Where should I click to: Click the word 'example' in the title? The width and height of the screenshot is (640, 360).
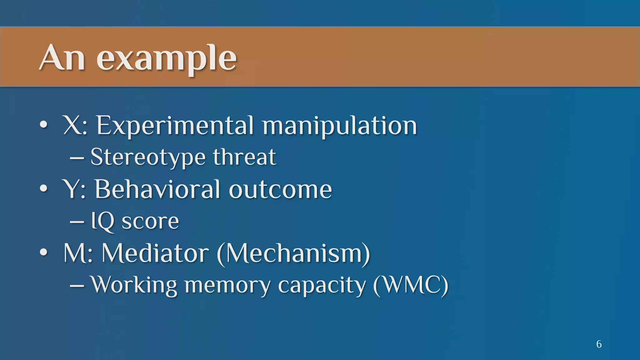click(166, 59)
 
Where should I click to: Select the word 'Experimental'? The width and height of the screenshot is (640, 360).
click(175, 126)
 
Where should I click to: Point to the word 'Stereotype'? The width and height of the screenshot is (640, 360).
click(148, 157)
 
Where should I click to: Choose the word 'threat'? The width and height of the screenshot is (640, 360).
click(244, 157)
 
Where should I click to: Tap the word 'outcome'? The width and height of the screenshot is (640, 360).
click(280, 189)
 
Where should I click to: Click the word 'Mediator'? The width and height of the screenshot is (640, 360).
click(155, 253)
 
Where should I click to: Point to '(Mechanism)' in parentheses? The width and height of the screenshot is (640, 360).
click(293, 253)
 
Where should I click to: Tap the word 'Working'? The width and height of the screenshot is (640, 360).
click(134, 285)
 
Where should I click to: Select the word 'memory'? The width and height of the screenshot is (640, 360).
click(227, 285)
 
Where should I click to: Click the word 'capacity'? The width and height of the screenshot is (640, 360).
click(322, 285)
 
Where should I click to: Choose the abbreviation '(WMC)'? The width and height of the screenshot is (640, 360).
click(411, 285)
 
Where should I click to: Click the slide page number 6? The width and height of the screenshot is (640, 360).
click(599, 344)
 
